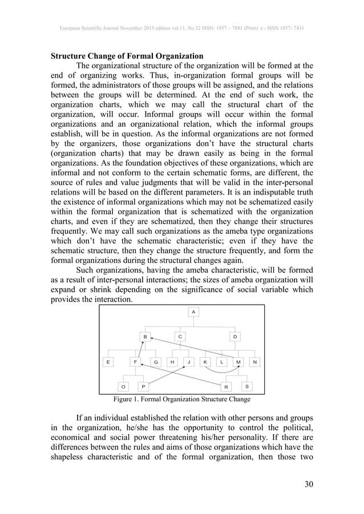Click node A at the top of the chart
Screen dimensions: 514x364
(x=193, y=312)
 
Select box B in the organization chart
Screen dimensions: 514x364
(x=145, y=337)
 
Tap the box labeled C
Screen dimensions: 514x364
(x=180, y=337)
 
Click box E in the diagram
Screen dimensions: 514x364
(x=108, y=362)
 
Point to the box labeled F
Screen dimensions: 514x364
(x=135, y=362)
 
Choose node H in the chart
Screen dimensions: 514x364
(x=172, y=362)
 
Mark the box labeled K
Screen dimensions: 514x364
(x=205, y=362)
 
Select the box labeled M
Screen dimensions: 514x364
(x=238, y=362)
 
